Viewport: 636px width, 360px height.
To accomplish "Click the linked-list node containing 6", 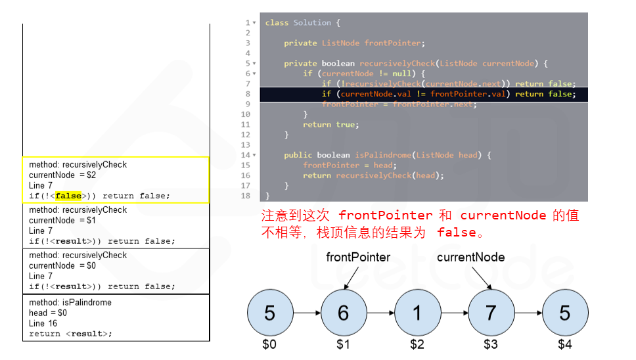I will [343, 313].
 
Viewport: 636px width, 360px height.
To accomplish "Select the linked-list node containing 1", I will [417, 313].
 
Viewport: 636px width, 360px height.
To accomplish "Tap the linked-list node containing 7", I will [490, 313].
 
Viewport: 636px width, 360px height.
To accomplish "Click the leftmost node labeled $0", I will [269, 313].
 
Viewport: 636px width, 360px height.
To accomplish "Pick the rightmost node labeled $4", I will [564, 313].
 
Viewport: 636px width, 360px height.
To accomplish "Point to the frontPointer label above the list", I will [358, 258].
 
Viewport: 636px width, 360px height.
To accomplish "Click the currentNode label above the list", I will [470, 258].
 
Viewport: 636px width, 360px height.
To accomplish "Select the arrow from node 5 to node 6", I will [306, 313].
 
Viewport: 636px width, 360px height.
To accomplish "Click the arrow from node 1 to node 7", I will [453, 313].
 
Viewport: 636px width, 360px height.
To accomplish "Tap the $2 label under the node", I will [417, 344].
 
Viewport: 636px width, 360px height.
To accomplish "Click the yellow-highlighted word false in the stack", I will [68, 196].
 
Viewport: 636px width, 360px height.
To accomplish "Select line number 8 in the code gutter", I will [248, 94].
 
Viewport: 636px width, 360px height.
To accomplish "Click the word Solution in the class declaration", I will [312, 23].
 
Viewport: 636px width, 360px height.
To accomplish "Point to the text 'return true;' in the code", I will [330, 125].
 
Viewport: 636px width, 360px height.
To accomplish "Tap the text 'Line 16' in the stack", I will [43, 323].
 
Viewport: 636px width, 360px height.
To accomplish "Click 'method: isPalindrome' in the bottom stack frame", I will [70, 302].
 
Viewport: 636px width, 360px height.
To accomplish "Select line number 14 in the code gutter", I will [246, 155].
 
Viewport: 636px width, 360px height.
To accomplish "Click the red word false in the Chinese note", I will [456, 233].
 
